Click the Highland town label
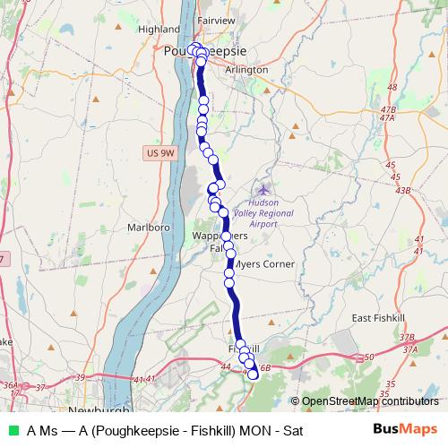tap(160, 29)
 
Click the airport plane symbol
tap(263, 189)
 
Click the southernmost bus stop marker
tap(253, 375)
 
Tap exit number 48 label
tap(391, 87)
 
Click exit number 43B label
tap(403, 191)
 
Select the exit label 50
tap(369, 358)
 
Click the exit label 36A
tap(11, 385)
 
